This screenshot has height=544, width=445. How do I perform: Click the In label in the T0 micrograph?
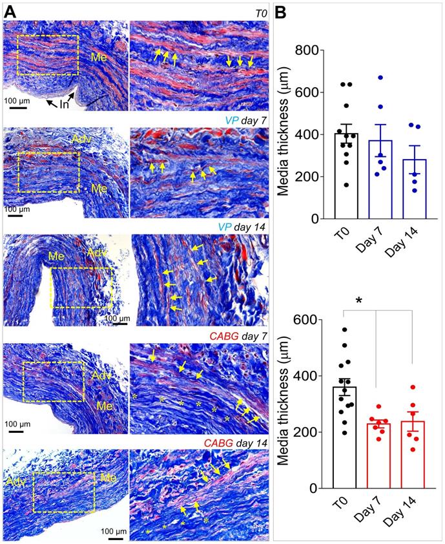pos(63,104)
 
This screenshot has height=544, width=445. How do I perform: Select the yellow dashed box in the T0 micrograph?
pos(48,55)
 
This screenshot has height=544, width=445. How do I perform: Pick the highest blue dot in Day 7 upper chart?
pos(381,78)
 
